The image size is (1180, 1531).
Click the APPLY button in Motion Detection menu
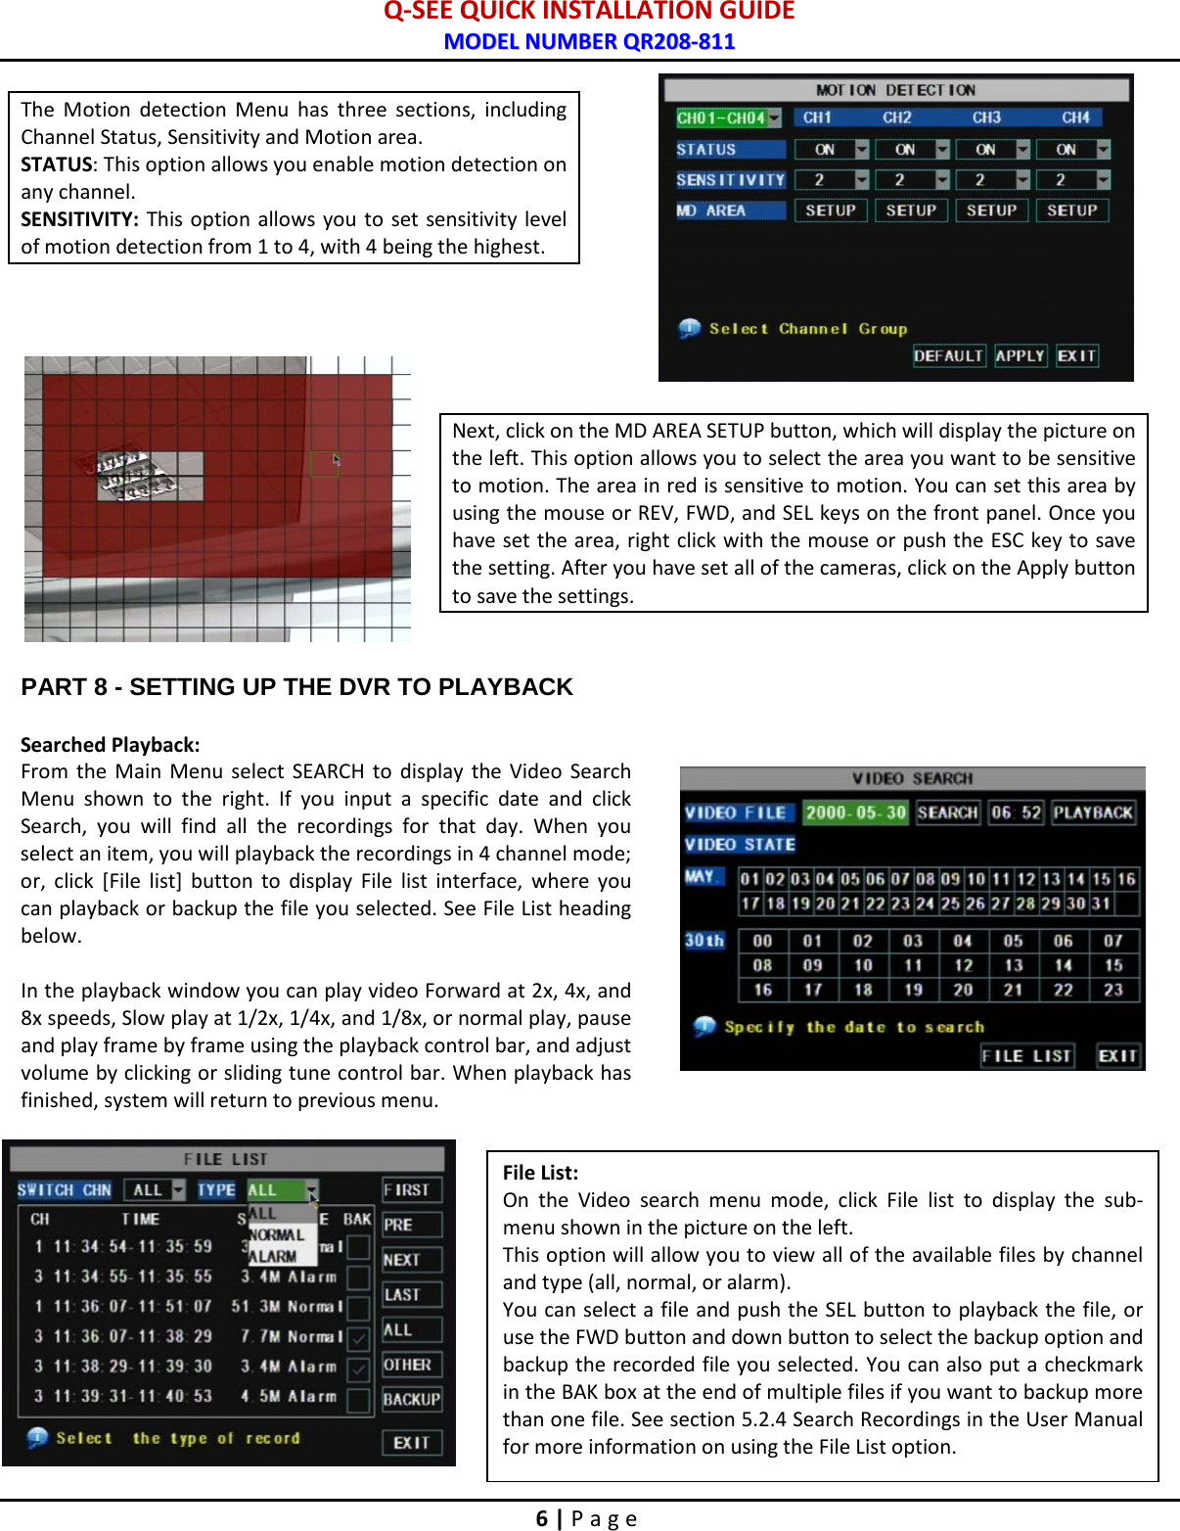(1021, 356)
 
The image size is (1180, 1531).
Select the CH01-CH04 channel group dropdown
(728, 118)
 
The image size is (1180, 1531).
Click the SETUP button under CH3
(991, 210)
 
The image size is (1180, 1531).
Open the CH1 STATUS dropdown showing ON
(831, 150)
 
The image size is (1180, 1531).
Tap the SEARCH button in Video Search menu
(947, 812)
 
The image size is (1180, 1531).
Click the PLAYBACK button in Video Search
(1093, 812)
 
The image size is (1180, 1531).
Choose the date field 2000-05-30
(855, 812)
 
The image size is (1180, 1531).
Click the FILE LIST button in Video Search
(1026, 1056)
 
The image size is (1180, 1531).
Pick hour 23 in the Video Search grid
(1112, 990)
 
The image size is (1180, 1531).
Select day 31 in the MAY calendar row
(1101, 903)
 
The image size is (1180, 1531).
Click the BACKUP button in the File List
(411, 1400)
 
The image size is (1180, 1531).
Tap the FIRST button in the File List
(411, 1190)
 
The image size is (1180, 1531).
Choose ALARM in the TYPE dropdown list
(273, 1256)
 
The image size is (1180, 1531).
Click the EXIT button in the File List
(411, 1443)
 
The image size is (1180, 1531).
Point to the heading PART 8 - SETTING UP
(296, 687)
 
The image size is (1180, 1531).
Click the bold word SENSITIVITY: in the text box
(79, 219)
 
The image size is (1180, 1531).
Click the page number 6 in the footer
(541, 1518)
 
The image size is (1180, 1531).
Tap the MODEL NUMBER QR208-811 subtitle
(589, 41)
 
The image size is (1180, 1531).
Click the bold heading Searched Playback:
(110, 745)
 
